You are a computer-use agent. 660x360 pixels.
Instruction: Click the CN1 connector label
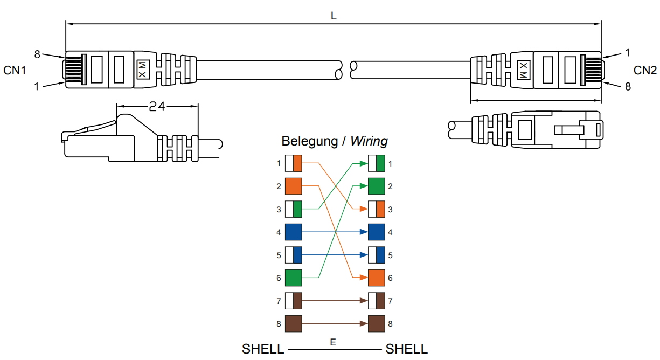(15, 70)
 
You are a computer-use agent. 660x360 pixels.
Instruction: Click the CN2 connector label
(645, 70)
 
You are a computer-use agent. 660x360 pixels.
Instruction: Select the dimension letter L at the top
(334, 16)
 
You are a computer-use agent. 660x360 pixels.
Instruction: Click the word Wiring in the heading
(369, 141)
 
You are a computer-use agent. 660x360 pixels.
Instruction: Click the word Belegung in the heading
(310, 141)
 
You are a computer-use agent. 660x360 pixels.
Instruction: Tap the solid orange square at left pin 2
(294, 186)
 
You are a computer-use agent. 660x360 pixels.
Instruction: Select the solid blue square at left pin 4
(294, 232)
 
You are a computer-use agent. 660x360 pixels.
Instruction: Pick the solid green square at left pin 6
(294, 278)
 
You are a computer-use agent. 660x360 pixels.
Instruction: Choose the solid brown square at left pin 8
(294, 323)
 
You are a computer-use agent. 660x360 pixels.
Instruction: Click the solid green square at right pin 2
(376, 186)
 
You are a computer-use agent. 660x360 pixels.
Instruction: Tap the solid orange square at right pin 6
(376, 278)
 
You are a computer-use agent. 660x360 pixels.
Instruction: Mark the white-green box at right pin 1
(376, 163)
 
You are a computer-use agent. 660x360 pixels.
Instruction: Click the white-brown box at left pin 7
(294, 300)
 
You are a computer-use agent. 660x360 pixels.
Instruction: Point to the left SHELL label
(263, 349)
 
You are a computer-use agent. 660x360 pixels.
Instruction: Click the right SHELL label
(407, 349)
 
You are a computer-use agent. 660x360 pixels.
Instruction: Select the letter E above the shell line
(334, 342)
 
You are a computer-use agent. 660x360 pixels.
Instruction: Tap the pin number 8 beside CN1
(37, 54)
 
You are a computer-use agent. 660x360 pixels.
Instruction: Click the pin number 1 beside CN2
(628, 52)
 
